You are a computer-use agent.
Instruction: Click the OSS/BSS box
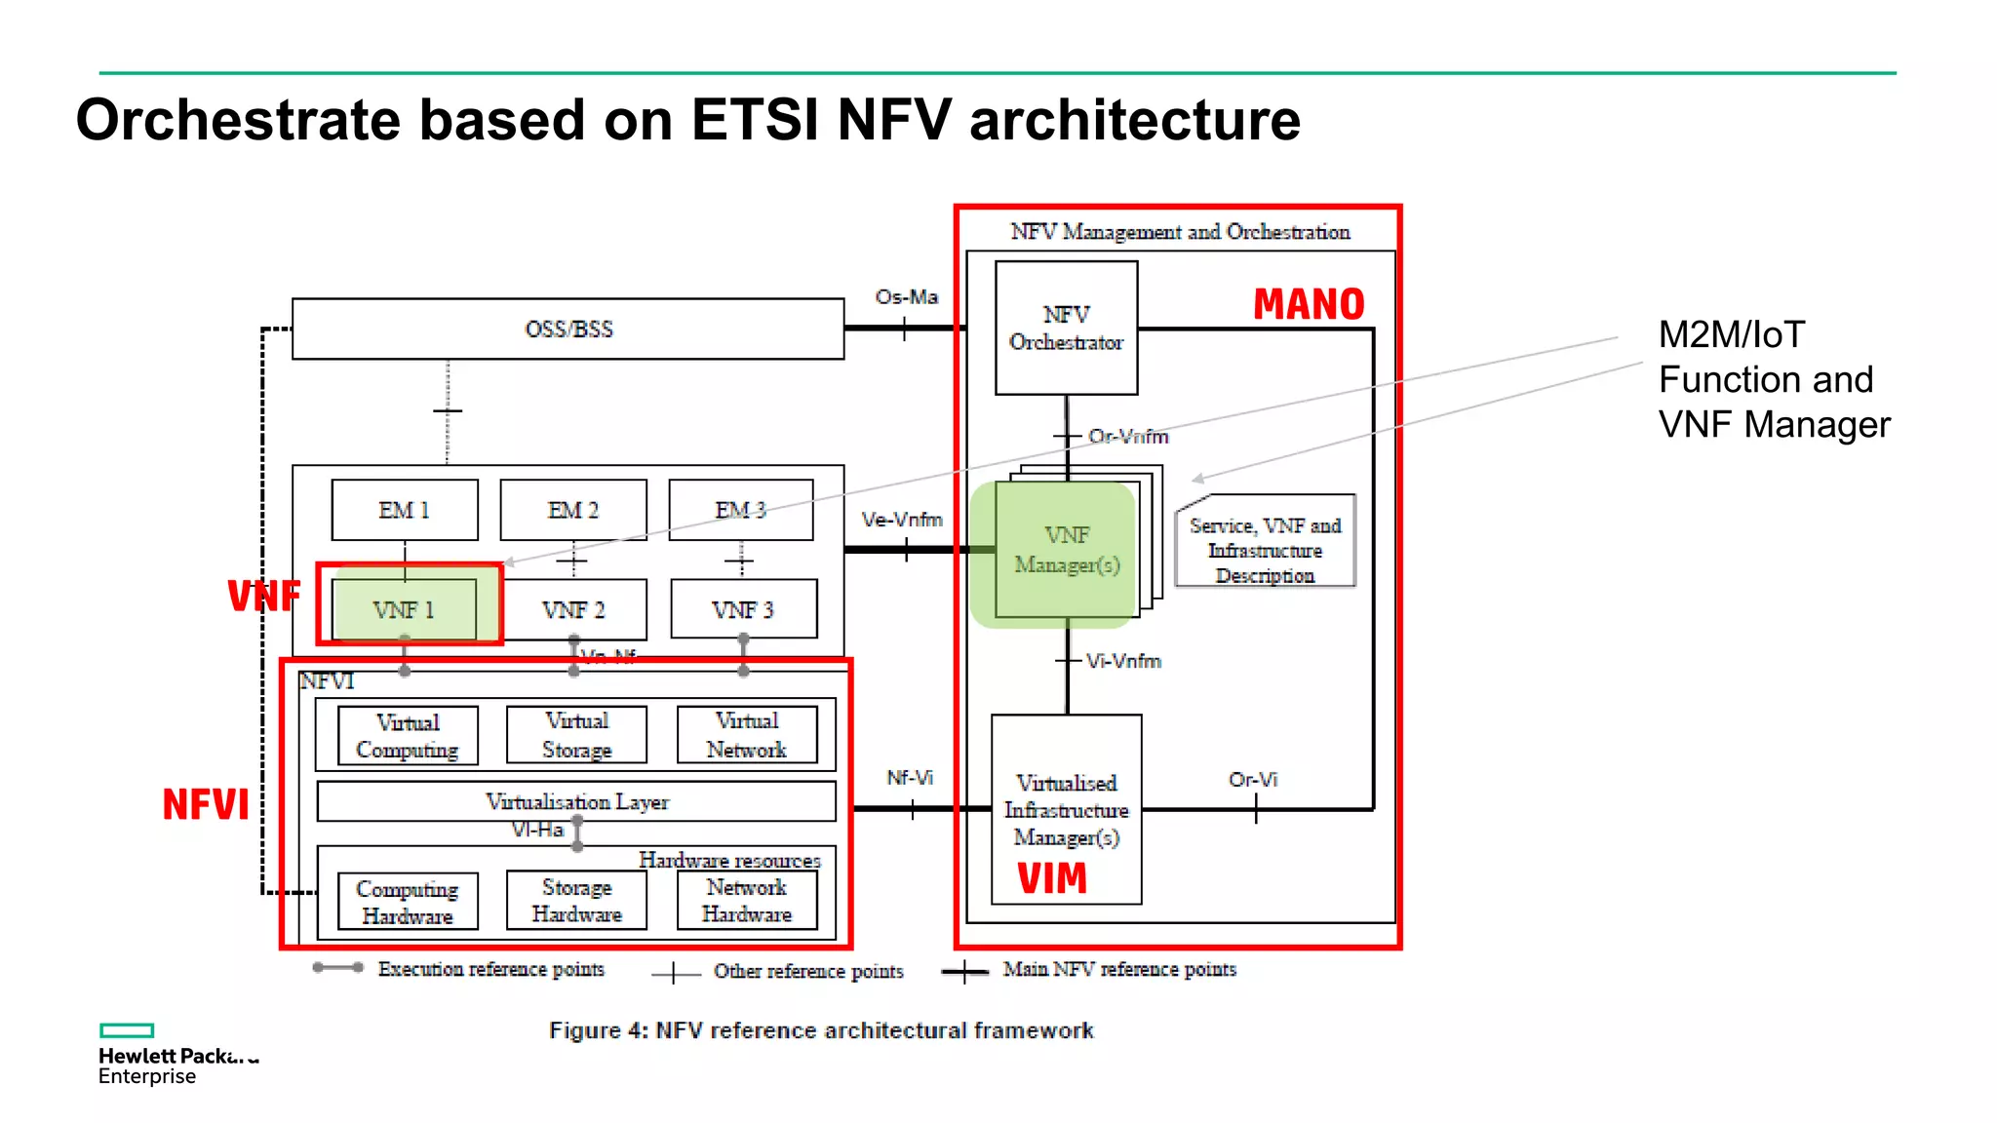[568, 329]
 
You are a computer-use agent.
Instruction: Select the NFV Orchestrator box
[1066, 329]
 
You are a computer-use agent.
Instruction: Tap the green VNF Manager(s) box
[1067, 551]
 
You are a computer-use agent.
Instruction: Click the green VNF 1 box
[404, 610]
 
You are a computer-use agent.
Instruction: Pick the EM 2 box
[573, 510]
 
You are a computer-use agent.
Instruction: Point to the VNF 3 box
[743, 610]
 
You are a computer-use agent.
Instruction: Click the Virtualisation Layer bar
[576, 801]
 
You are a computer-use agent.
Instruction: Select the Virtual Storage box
[576, 735]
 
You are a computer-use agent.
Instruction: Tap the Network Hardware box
[747, 901]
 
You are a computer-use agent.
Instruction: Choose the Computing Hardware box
[408, 902]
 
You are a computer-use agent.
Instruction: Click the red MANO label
[1309, 304]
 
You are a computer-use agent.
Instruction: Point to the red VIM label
[1051, 878]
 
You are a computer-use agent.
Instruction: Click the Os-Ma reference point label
[906, 296]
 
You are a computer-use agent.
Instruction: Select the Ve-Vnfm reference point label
[901, 520]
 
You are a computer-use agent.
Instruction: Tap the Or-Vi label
[1252, 779]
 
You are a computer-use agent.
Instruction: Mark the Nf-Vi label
[909, 777]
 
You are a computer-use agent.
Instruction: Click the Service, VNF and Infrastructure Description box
[1265, 550]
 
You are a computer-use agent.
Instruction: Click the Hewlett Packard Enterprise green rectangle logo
[127, 1030]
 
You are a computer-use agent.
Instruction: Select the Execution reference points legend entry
[490, 969]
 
